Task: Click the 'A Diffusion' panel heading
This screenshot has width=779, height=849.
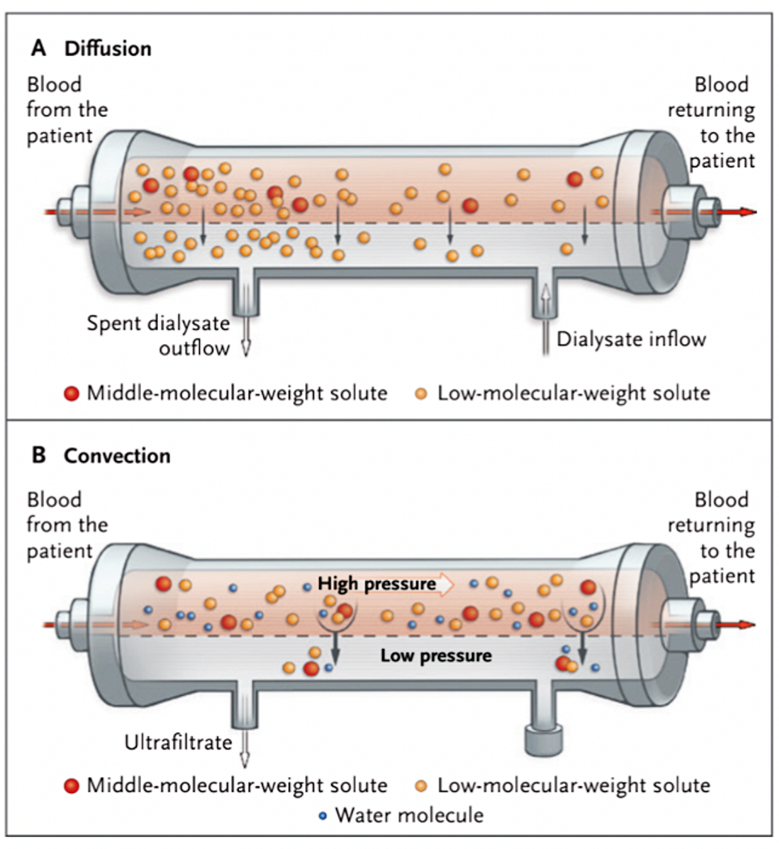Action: click(x=91, y=49)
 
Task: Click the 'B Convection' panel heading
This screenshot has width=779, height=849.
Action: click(x=100, y=455)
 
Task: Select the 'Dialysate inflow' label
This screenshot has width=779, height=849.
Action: click(x=631, y=339)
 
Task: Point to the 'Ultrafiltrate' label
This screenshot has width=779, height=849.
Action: click(x=177, y=742)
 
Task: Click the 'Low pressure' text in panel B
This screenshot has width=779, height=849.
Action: click(x=436, y=655)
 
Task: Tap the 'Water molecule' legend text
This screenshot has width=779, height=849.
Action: click(x=409, y=815)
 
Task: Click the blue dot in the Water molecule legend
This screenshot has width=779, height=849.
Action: click(x=322, y=816)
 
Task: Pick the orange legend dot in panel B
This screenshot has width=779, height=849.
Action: click(x=421, y=785)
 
